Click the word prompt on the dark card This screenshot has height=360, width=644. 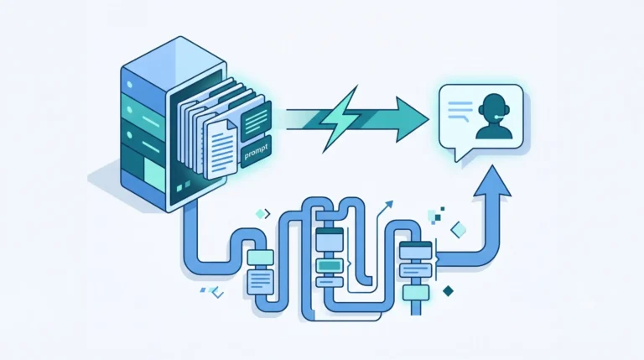tap(256, 151)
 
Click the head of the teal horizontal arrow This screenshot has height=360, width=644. tap(412, 120)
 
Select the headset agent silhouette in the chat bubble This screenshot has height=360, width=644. tap(494, 117)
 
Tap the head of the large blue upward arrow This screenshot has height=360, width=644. tap(492, 181)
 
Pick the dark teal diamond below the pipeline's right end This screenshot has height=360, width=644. tap(448, 291)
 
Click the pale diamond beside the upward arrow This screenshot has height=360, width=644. tap(459, 230)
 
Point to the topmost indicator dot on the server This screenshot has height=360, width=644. tap(130, 85)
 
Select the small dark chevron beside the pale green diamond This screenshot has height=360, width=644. tap(267, 214)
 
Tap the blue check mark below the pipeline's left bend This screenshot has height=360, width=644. tap(218, 293)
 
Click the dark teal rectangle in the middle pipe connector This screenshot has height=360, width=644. tap(329, 265)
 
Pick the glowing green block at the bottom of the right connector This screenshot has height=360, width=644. tap(416, 293)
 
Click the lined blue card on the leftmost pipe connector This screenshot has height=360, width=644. tap(260, 280)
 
